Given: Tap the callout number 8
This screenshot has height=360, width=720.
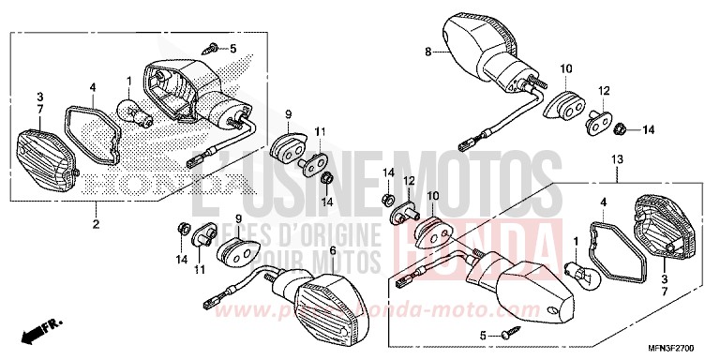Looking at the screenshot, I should pos(428,52).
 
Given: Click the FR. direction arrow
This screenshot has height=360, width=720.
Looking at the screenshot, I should pos(42,329).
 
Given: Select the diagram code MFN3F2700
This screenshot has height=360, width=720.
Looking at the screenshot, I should pos(673,346).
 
